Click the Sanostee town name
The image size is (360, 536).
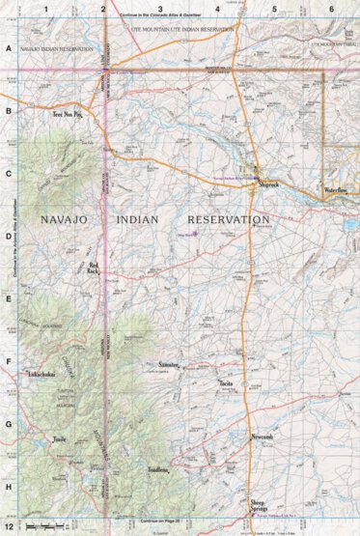(170, 364)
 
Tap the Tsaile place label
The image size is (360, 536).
(60, 440)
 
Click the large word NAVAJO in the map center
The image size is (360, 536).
(67, 221)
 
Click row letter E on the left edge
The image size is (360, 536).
(9, 299)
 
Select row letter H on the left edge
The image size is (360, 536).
(9, 489)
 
